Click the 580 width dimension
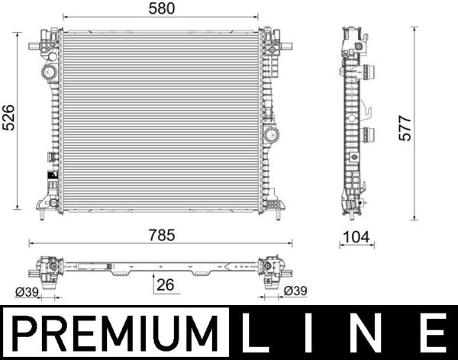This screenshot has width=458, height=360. point(162,9)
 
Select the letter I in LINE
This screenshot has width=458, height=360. point(312,333)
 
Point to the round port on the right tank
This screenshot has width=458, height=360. point(271,136)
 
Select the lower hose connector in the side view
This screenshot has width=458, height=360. point(369,136)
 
